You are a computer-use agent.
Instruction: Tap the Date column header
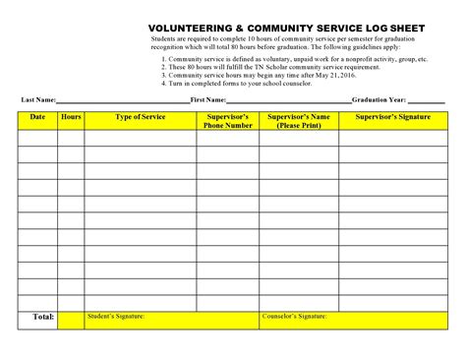[x=37, y=117]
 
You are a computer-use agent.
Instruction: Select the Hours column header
[x=71, y=117]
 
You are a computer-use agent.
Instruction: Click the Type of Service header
[x=141, y=117]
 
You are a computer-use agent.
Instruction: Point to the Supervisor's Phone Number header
[x=227, y=121]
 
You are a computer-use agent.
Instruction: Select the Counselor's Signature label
[x=295, y=316]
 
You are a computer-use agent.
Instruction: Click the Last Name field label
[x=38, y=100]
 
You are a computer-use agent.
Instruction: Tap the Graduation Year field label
[x=379, y=100]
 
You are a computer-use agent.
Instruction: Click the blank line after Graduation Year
[x=426, y=101]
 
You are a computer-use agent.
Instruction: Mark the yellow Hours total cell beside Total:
[x=71, y=319]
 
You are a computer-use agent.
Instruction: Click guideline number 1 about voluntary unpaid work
[x=295, y=59]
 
